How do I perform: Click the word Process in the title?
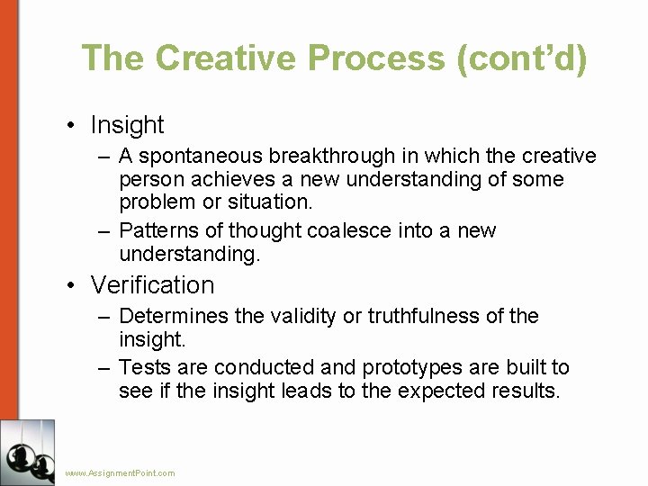pyautogui.click(x=376, y=58)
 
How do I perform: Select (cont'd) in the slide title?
pyautogui.click(x=522, y=58)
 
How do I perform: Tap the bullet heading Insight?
pyautogui.click(x=127, y=125)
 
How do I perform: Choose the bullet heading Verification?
pyautogui.click(x=152, y=285)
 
